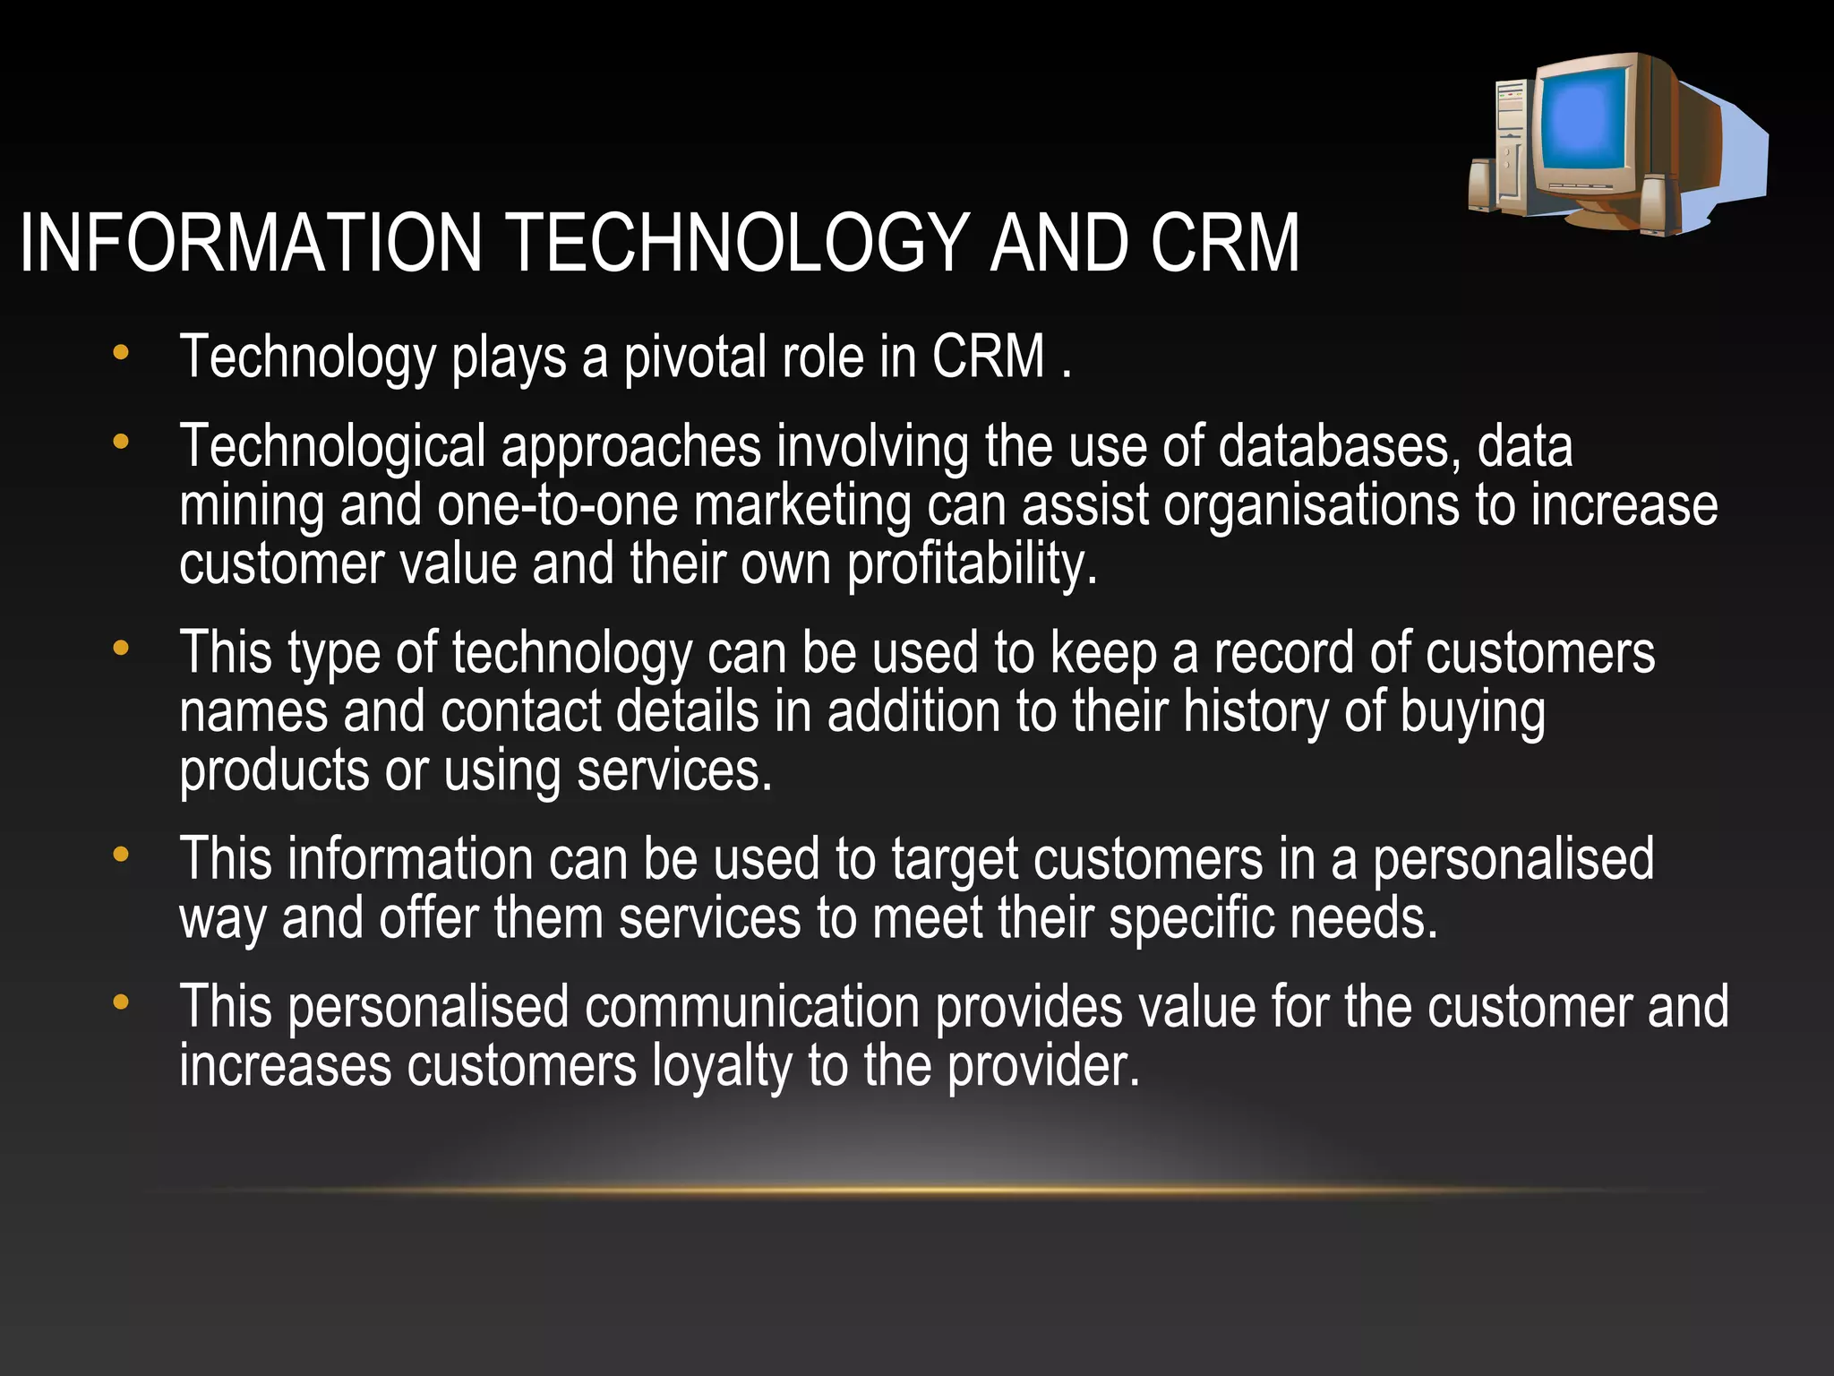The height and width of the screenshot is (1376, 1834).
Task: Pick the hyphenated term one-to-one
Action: [x=557, y=505]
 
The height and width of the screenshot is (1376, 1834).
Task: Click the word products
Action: [x=274, y=770]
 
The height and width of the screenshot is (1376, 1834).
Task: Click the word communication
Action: [x=752, y=1006]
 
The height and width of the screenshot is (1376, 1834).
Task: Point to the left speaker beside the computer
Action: [x=1484, y=184]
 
